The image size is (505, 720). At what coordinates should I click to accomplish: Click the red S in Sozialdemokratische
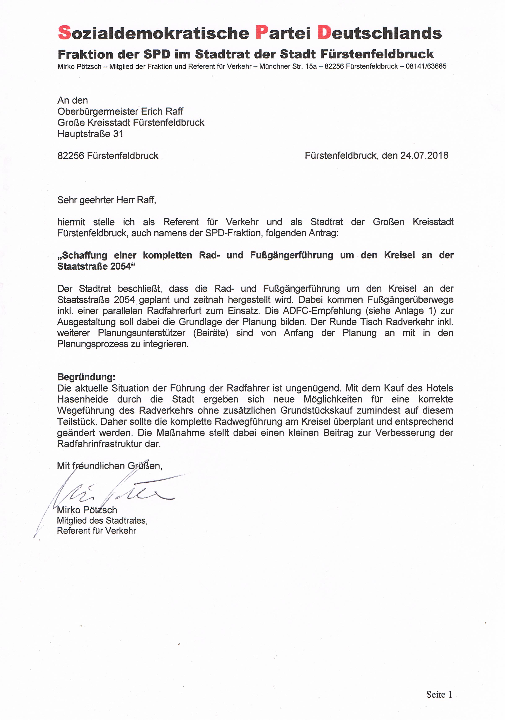click(x=65, y=33)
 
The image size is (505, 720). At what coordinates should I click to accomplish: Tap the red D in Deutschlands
click(x=324, y=33)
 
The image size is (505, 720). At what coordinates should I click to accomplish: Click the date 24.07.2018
click(x=424, y=155)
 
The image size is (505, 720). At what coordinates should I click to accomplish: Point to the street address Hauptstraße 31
click(x=90, y=134)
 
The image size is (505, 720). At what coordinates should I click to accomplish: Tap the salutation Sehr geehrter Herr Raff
click(x=107, y=200)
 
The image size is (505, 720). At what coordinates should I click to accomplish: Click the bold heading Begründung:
click(x=86, y=377)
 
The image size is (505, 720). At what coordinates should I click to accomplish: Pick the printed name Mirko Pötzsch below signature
click(x=87, y=510)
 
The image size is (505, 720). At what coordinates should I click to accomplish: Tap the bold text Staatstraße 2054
click(x=94, y=266)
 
